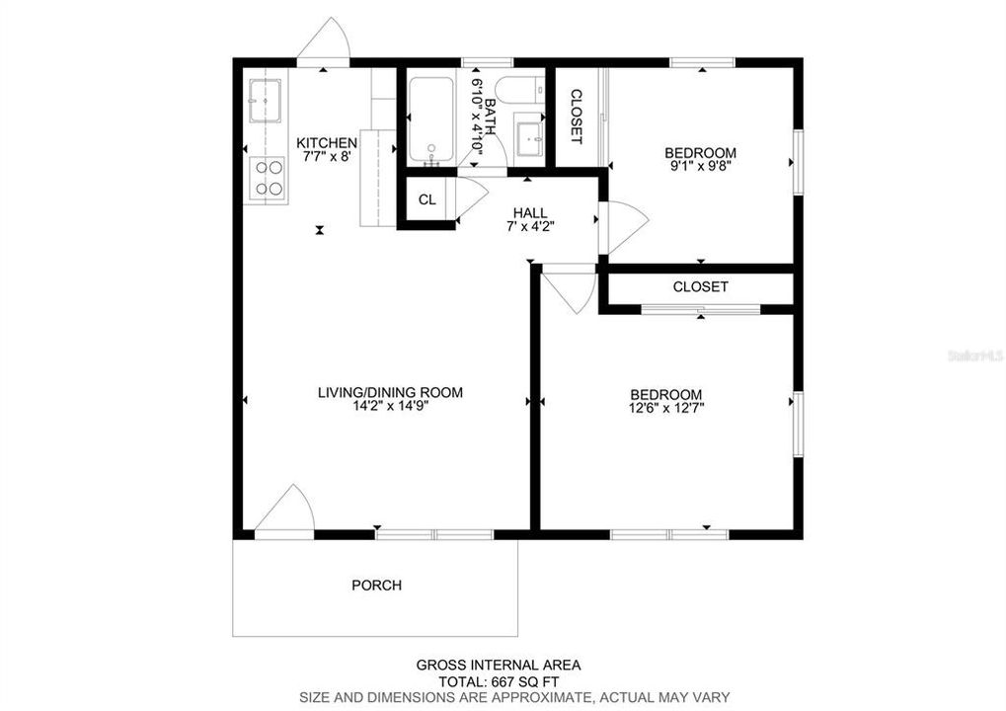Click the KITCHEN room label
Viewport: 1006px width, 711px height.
click(327, 143)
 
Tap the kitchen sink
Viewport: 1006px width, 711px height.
click(265, 100)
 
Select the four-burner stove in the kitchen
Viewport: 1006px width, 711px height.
click(269, 178)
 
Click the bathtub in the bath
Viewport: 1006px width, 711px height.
click(430, 120)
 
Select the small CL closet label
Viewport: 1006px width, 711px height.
click(426, 199)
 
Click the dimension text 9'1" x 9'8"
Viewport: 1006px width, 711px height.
click(700, 167)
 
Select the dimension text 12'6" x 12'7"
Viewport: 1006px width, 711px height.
click(666, 407)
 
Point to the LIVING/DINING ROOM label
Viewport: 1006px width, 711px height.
click(390, 392)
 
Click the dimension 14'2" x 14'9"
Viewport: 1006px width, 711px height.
click(390, 406)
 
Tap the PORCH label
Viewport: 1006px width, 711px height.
click(377, 586)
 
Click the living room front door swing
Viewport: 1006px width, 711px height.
click(286, 512)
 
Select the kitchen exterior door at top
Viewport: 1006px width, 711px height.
click(324, 44)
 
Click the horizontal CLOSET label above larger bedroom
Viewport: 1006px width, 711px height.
click(700, 287)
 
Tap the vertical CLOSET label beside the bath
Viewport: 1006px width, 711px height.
click(577, 117)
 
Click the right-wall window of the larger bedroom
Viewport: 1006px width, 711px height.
click(797, 424)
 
